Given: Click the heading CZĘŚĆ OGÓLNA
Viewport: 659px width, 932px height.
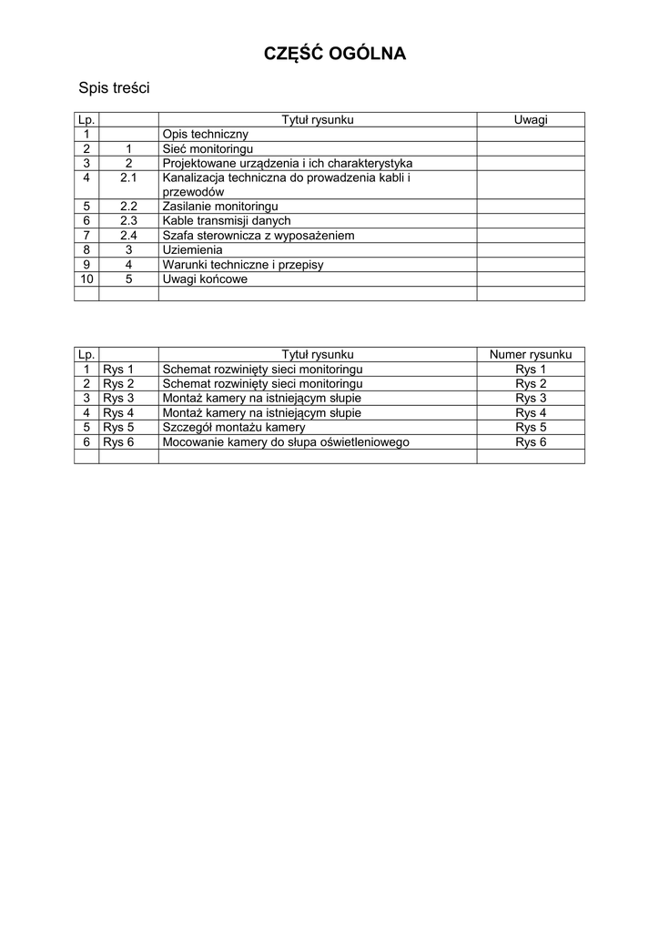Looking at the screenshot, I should [x=335, y=55].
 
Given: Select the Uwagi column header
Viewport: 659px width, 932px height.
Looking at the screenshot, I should [x=531, y=119].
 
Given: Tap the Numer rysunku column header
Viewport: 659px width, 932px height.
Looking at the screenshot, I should [x=531, y=354].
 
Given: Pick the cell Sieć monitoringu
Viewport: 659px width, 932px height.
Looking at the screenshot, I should [x=207, y=148].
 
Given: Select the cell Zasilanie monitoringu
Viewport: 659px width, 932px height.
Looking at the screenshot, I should [x=220, y=207].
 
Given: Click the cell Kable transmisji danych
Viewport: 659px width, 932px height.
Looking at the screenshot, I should [x=227, y=221].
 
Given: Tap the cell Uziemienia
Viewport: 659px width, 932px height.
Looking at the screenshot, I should [x=192, y=250].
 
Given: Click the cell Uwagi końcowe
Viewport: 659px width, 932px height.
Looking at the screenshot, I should [x=205, y=279].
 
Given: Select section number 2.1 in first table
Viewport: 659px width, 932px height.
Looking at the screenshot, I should [x=128, y=177].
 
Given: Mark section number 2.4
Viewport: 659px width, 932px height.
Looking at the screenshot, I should [x=128, y=236].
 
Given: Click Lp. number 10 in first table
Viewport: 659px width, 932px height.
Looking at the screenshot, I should [x=86, y=279].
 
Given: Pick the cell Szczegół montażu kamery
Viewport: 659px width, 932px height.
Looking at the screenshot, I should [x=234, y=427].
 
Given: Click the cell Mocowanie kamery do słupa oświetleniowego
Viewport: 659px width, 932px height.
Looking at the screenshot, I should [x=286, y=441].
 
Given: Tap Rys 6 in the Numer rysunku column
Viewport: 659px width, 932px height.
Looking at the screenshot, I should [x=531, y=441].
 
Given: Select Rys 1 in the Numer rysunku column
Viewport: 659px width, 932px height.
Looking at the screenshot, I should [x=531, y=369].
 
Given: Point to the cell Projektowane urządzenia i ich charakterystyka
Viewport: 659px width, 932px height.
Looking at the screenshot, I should [x=288, y=163].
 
